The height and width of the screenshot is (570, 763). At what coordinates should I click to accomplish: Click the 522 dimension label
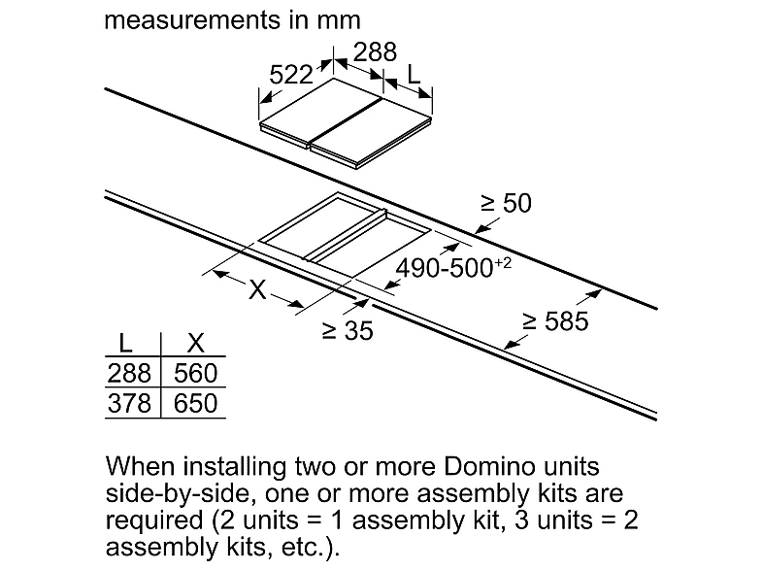pos(291,75)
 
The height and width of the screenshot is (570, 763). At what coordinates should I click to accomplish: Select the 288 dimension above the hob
pos(375,52)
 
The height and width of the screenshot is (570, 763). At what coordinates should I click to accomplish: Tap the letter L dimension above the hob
pos(414,75)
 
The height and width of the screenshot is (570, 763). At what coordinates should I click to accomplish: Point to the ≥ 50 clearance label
pos(506,203)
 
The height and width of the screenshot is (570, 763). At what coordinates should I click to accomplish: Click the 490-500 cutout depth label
pos(453,268)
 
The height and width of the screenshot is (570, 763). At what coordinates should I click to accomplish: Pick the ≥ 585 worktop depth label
pos(555,321)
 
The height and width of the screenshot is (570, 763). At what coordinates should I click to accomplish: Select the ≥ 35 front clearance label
pos(348,330)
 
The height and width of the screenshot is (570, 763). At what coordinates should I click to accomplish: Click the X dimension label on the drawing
pos(257,289)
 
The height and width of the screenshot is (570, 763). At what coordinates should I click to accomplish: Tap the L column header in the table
pos(125,344)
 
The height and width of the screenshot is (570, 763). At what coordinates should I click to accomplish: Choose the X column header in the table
pos(196,344)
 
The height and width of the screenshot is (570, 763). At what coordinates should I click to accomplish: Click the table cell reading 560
pos(196,373)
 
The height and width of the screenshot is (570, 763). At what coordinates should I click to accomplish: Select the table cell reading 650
pos(196,404)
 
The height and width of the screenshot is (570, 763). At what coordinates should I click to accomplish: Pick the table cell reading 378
pos(129,404)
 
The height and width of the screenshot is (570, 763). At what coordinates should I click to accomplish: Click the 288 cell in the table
pos(129,373)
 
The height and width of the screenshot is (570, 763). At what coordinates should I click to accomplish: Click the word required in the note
pos(154,520)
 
